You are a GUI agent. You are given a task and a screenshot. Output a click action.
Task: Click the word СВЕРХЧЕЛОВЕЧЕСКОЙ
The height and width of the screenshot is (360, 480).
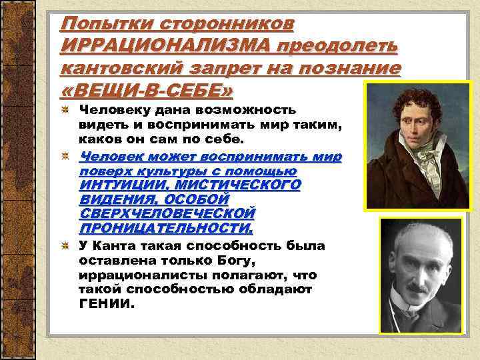[x=167, y=213]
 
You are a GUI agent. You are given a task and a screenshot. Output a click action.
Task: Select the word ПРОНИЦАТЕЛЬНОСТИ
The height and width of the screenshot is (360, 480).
[x=165, y=228]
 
